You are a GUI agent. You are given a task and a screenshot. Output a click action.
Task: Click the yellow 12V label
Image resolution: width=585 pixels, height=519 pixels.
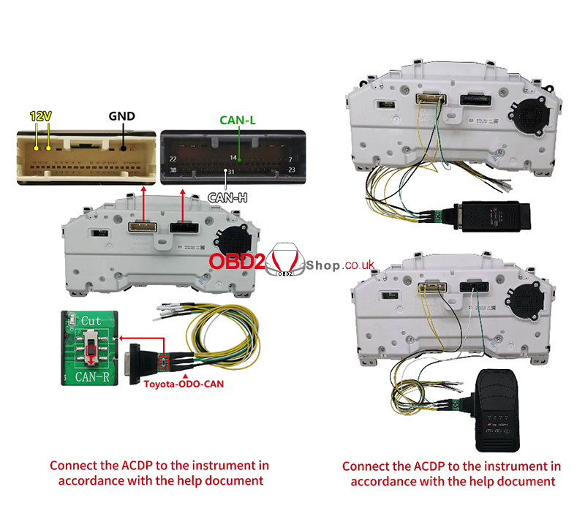(41, 116)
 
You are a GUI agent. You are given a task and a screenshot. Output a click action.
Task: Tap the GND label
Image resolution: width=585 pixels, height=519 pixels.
(121, 115)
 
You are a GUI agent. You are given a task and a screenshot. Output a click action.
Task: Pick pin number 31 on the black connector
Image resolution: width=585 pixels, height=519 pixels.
(230, 173)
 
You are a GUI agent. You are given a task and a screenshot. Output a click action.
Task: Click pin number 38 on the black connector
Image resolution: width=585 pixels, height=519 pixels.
(173, 170)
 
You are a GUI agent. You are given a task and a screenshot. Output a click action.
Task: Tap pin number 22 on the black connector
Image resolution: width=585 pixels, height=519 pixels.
(173, 158)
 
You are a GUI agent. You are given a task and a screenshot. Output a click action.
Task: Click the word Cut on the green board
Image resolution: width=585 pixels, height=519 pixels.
(92, 321)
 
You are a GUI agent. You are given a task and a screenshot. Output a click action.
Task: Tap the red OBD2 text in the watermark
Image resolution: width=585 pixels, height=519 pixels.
(234, 262)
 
